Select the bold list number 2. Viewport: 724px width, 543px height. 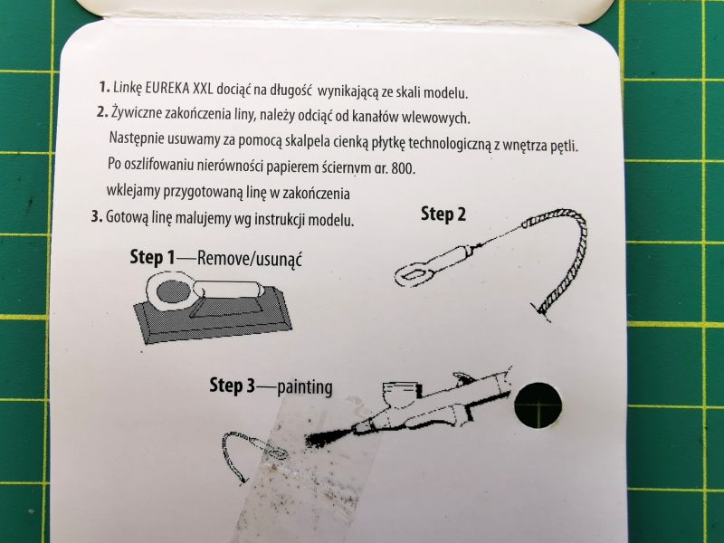point(102,112)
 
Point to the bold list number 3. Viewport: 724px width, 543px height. point(96,215)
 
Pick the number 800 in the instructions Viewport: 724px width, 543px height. point(403,168)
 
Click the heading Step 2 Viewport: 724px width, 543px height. point(443,214)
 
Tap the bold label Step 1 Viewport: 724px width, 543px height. point(152,257)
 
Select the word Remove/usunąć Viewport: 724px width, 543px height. point(250,259)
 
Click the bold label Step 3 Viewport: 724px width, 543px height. point(232,386)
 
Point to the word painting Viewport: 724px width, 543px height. point(305,387)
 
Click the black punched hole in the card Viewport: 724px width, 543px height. point(538,405)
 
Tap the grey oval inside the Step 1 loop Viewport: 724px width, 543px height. point(172,292)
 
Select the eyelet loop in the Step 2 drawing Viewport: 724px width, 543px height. point(416,275)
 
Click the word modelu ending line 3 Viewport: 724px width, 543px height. point(330,220)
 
